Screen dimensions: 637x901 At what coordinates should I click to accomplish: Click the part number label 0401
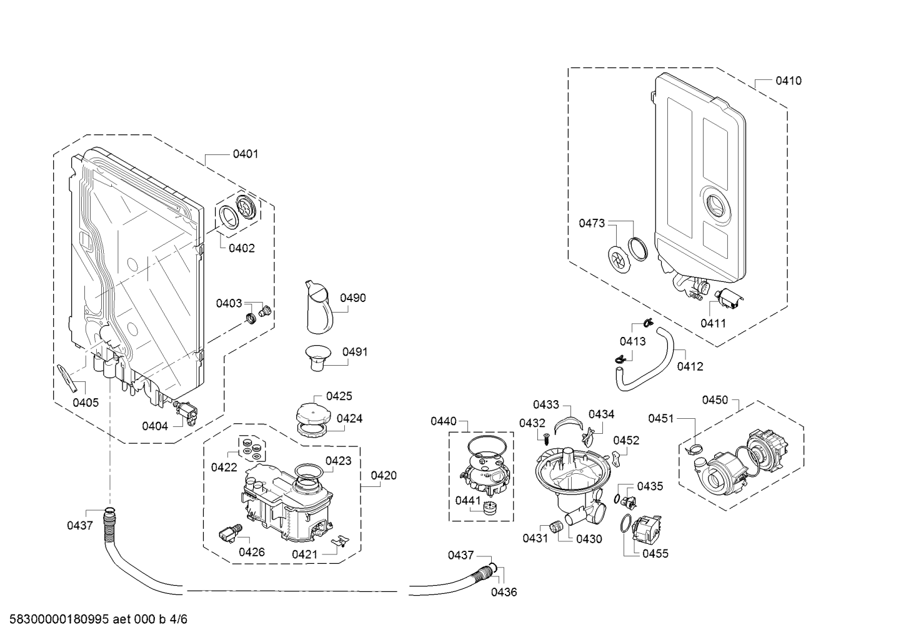click(245, 154)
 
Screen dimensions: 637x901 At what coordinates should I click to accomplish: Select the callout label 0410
click(789, 81)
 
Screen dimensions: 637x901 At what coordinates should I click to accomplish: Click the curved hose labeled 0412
click(650, 363)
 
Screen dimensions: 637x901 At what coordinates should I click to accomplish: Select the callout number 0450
click(715, 400)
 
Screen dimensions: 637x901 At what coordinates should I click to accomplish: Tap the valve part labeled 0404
click(186, 411)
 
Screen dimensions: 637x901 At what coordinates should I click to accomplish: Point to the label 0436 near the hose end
click(504, 592)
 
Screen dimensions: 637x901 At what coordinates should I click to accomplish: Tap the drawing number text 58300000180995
click(56, 619)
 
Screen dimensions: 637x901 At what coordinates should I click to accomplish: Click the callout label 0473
click(591, 223)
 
